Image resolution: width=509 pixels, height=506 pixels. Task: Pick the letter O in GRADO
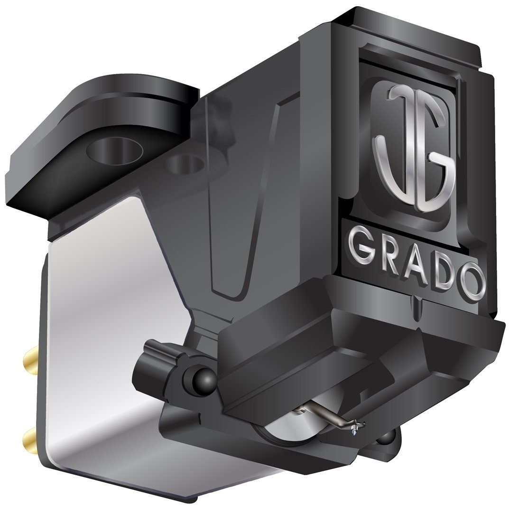coord(471,282)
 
